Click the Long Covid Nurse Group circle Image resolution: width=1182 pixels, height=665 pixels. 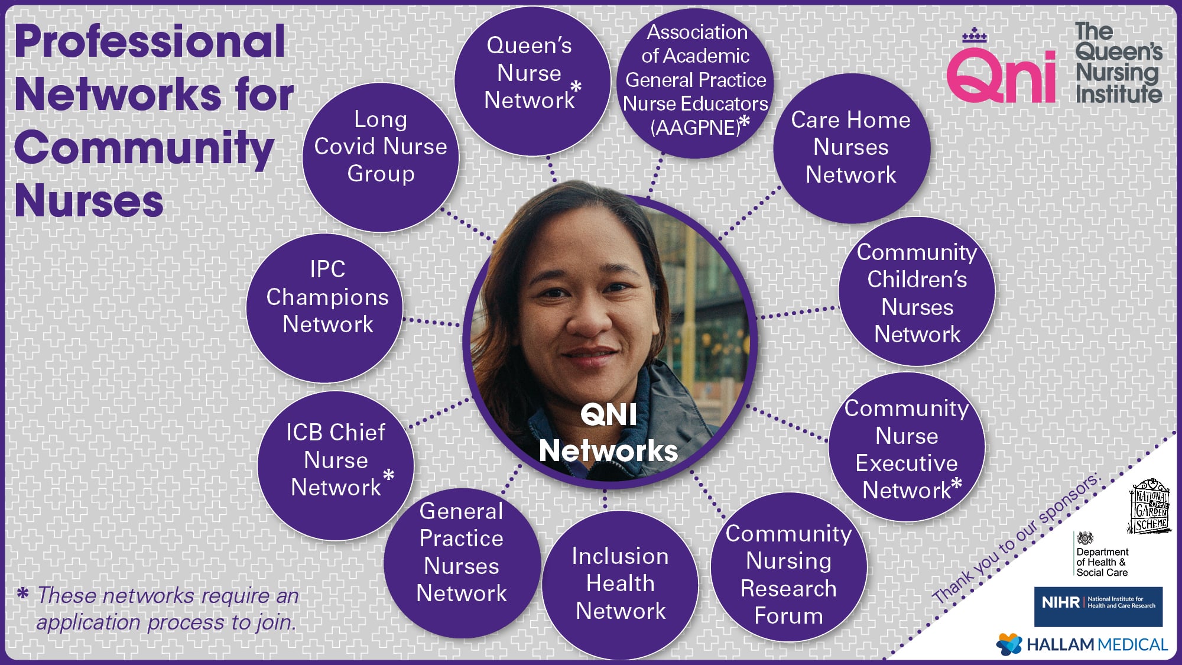[381, 157]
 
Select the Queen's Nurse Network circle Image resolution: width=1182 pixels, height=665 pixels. [532, 81]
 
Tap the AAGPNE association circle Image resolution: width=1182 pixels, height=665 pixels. [696, 83]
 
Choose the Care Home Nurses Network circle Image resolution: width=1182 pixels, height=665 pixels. [852, 148]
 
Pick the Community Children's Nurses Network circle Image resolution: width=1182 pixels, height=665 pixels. [917, 291]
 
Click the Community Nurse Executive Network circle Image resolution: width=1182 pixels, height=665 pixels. [907, 447]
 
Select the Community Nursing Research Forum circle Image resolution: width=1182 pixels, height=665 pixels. [789, 567]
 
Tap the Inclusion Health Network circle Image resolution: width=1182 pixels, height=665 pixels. [620, 585]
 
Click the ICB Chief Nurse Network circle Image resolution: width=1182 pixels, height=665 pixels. [336, 466]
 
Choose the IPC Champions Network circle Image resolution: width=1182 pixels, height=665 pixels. [324, 308]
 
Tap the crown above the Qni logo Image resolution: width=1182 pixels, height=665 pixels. [975, 35]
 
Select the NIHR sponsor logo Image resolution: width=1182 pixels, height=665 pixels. [1098, 606]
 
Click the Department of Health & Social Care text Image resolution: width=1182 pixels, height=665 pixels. [1102, 562]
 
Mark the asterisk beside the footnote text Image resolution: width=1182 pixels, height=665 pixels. [22, 593]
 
